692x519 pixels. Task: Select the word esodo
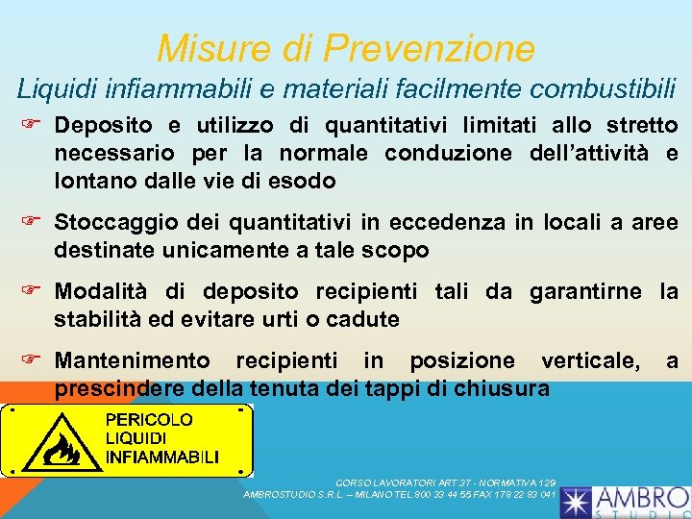(306, 180)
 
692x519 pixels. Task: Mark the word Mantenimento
(133, 360)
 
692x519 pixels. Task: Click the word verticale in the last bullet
(591, 360)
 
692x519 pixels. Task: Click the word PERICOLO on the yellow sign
(149, 419)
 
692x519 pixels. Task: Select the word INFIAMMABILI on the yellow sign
(161, 456)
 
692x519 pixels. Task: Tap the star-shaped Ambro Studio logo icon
(578, 501)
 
